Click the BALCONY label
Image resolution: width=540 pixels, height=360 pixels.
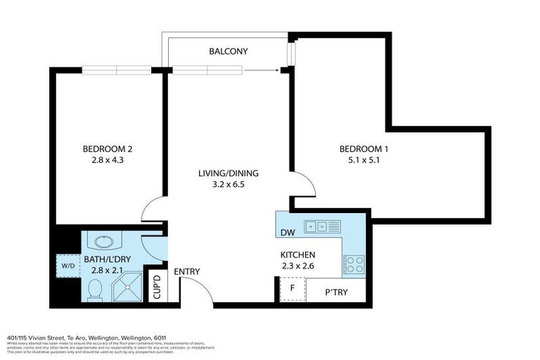click(228, 51)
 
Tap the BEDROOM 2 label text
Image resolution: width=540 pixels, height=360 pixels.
click(108, 148)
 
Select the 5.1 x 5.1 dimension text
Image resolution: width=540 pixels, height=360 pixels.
click(364, 160)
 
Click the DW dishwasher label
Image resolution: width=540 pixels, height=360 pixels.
click(287, 233)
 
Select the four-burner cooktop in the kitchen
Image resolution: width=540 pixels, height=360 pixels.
click(353, 264)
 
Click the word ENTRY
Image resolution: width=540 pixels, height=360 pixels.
click(187, 272)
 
